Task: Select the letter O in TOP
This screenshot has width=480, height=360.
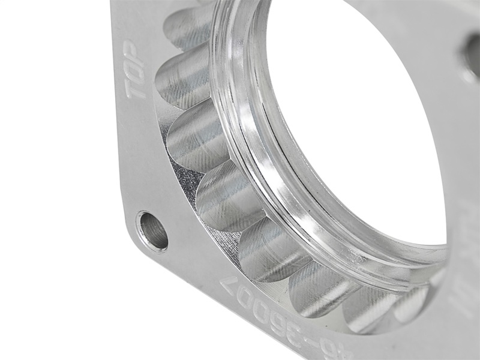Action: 134,74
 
